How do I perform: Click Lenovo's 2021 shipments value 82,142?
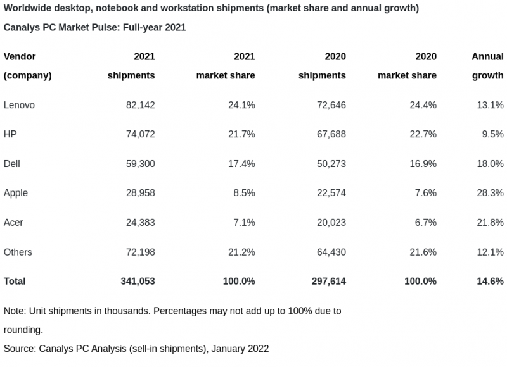coord(140,104)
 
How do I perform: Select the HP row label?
coord(10,134)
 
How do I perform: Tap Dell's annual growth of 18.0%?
coord(490,163)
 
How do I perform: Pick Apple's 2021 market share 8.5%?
coord(241,192)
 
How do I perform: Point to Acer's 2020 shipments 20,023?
coord(331,222)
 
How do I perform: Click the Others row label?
coord(18,252)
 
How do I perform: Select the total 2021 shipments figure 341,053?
coord(138,281)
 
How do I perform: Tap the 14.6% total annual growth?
coord(490,281)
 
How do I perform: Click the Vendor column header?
coord(20,56)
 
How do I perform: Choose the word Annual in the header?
coord(487,56)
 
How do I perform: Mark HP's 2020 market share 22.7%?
coord(423,134)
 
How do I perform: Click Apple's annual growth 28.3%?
coord(490,192)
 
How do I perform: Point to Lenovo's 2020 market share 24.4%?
coord(423,104)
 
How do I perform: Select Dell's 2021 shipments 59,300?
coord(140,163)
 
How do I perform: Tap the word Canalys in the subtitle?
coord(21,28)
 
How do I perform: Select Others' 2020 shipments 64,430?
coord(331,252)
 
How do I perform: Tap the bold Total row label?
coord(15,281)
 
